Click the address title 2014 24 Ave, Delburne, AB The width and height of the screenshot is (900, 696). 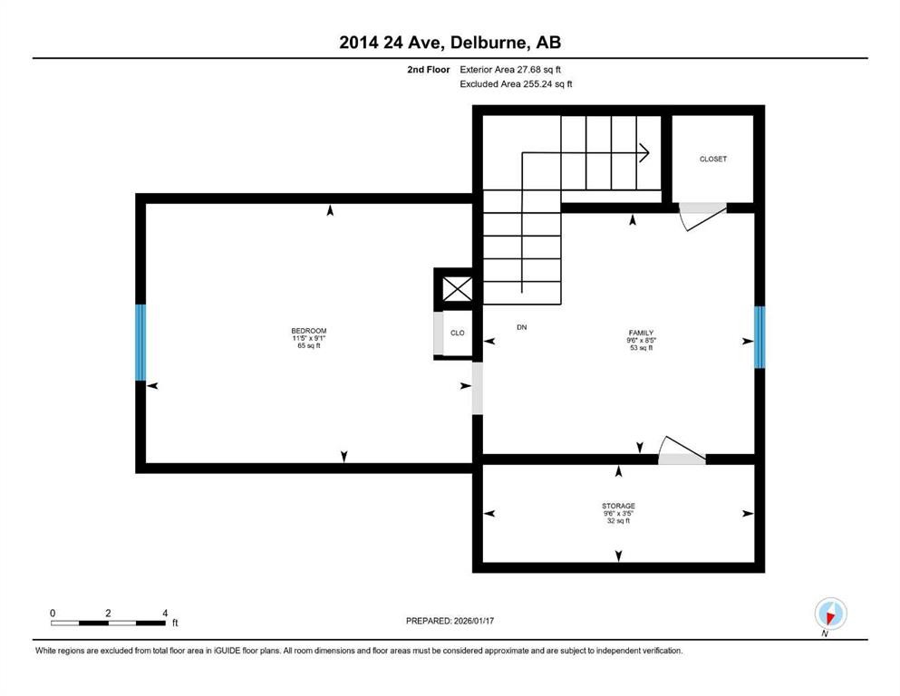(450, 42)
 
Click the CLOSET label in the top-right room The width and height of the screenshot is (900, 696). (712, 159)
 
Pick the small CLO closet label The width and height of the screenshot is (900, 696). (458, 333)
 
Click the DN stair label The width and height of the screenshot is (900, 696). (521, 327)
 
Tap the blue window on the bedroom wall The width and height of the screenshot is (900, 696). (140, 343)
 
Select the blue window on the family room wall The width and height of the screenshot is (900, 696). (760, 338)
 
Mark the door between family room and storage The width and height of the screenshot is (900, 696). (682, 453)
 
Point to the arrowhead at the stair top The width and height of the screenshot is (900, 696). (644, 152)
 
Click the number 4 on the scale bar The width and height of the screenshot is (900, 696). (164, 614)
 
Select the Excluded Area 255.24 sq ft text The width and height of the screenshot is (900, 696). (517, 83)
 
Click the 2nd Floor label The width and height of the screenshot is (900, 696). (429, 69)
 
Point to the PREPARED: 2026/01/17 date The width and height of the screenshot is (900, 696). (450, 621)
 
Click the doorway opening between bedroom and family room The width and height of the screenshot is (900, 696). (478, 388)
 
